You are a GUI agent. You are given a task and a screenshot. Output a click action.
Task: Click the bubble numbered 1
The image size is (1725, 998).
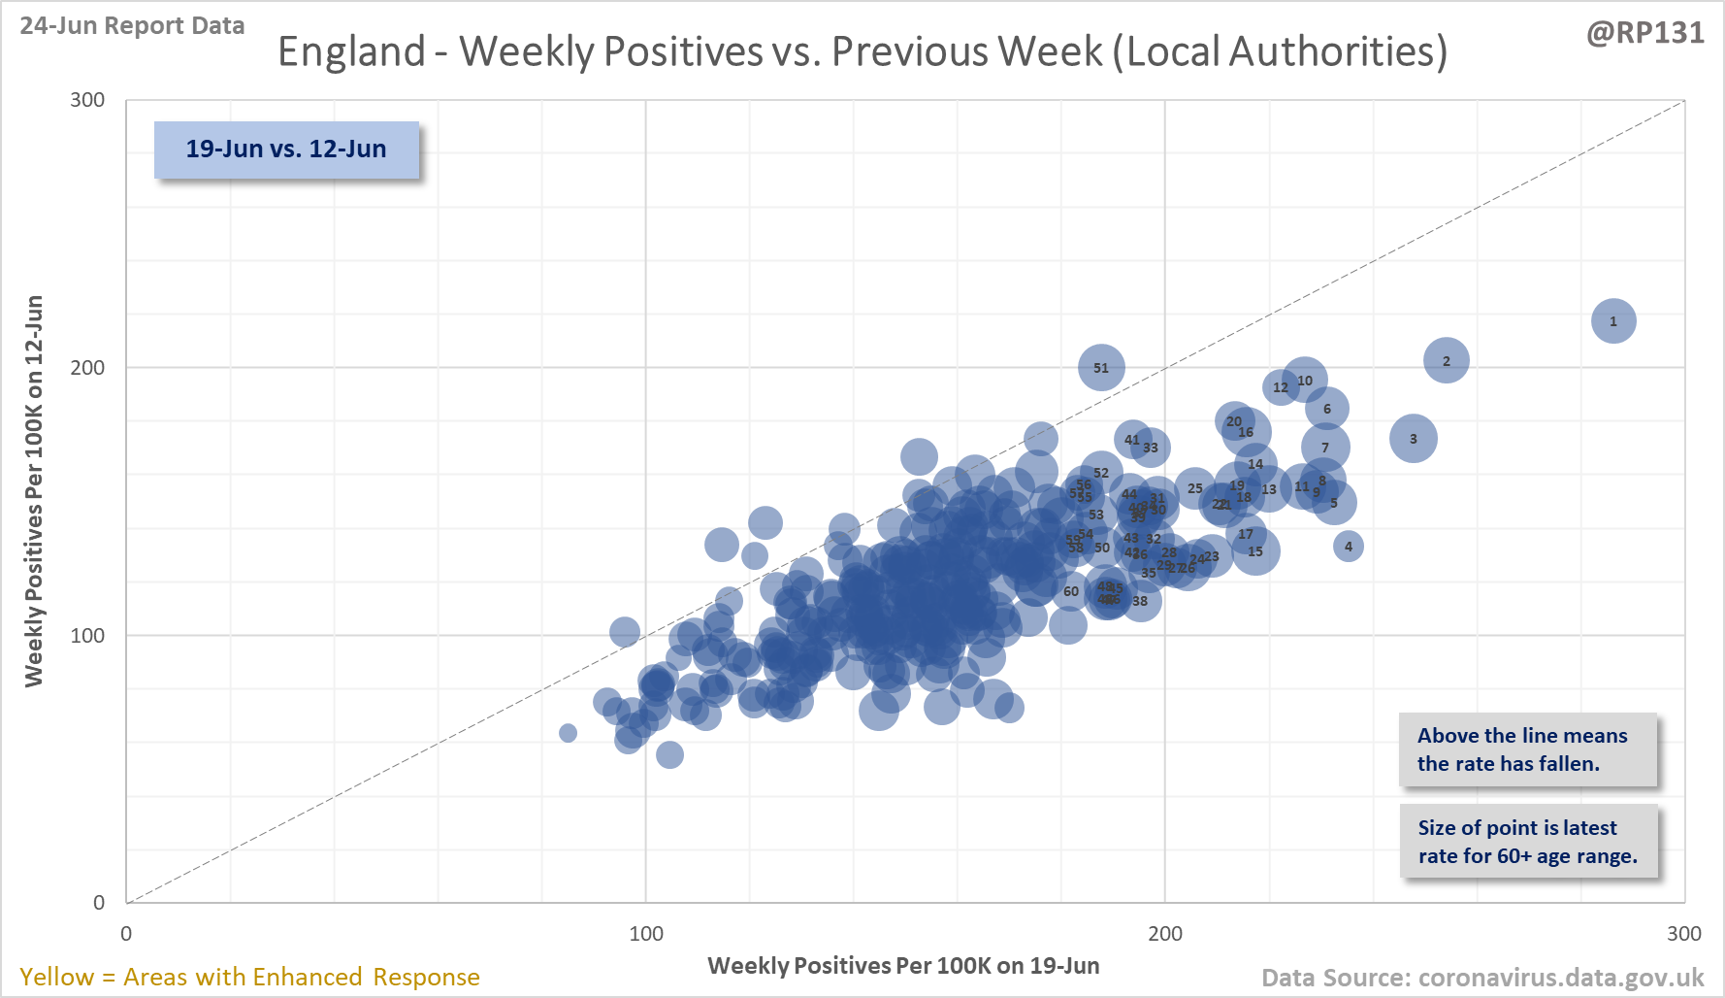coord(1613,321)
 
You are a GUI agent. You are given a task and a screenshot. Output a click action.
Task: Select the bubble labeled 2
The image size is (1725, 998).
coord(1446,361)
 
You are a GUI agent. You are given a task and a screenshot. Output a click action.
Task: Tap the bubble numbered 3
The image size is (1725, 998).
coord(1413,439)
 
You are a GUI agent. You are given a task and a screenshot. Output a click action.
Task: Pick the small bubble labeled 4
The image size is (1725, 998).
coord(1348,547)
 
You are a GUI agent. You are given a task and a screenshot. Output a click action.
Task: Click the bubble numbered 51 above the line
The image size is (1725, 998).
coord(1101,368)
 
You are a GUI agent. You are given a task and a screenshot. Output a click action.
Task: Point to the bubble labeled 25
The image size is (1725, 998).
coord(1194,488)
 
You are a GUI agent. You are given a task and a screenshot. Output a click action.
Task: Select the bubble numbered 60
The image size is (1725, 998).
coord(1070,591)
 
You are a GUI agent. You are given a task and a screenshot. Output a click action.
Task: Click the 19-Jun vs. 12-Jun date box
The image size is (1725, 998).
coord(286,150)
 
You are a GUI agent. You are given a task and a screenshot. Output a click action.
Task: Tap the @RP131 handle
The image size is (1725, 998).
coord(1644,33)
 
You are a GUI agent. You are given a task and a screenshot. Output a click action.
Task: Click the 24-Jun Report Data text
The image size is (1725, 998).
coord(132,26)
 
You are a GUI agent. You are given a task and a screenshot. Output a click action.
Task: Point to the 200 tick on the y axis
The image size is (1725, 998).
coord(87,367)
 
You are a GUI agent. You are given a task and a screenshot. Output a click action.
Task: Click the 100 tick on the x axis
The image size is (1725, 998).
coord(646,934)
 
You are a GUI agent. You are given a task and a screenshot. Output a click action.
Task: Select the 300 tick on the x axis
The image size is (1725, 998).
coord(1683,934)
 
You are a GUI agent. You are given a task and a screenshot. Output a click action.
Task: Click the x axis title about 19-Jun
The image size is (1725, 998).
coord(903,966)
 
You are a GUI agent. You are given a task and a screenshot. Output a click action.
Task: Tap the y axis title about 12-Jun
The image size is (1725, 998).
coord(34,491)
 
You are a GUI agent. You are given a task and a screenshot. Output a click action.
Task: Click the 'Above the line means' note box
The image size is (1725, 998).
coord(1527,749)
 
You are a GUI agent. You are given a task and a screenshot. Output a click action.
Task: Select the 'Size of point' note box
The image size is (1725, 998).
coord(1527,842)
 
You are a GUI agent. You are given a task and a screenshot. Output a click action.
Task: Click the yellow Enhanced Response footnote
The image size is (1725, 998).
coord(249,977)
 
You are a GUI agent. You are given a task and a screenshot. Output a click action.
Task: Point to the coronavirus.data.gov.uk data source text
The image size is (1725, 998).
coord(1482,978)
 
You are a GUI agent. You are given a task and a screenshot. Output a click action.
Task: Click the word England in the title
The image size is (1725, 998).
coord(351,51)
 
